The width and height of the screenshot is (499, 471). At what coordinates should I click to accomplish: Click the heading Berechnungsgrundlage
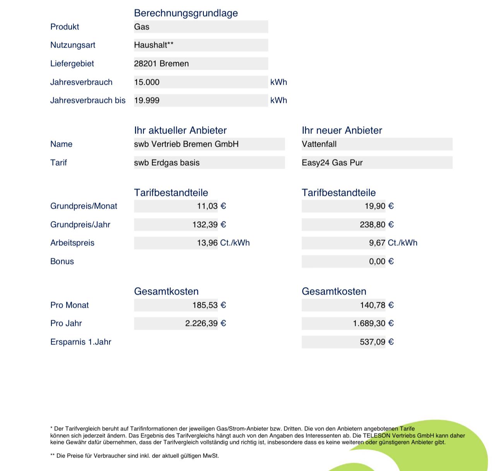186,13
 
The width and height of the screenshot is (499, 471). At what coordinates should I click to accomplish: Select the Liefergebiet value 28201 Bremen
161,63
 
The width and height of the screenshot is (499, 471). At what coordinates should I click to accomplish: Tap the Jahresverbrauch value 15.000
147,82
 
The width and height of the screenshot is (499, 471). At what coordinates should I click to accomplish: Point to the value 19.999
147,100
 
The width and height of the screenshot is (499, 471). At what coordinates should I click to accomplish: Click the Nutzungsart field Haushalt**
154,45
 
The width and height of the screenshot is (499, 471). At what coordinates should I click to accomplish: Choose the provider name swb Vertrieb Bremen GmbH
186,144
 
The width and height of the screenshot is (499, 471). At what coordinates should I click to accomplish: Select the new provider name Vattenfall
319,144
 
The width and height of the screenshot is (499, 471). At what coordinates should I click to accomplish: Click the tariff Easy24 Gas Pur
332,163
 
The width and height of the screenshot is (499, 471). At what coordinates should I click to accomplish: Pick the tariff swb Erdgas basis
167,163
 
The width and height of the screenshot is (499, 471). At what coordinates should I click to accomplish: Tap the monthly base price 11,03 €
211,206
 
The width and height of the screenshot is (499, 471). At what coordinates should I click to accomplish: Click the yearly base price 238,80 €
376,224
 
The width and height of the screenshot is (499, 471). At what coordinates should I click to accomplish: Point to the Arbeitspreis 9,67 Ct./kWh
393,243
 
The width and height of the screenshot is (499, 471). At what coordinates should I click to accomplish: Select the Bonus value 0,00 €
381,261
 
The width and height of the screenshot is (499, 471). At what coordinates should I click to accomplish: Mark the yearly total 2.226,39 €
205,323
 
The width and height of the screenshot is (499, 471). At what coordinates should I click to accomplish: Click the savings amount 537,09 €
376,342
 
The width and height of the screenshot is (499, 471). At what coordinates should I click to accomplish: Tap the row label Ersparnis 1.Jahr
80,342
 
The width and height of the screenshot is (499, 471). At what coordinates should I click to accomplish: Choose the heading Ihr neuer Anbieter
342,130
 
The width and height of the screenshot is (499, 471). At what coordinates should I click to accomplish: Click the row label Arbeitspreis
72,243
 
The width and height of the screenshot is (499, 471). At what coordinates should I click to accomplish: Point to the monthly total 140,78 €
376,305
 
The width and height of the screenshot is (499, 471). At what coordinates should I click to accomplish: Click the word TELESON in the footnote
377,435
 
